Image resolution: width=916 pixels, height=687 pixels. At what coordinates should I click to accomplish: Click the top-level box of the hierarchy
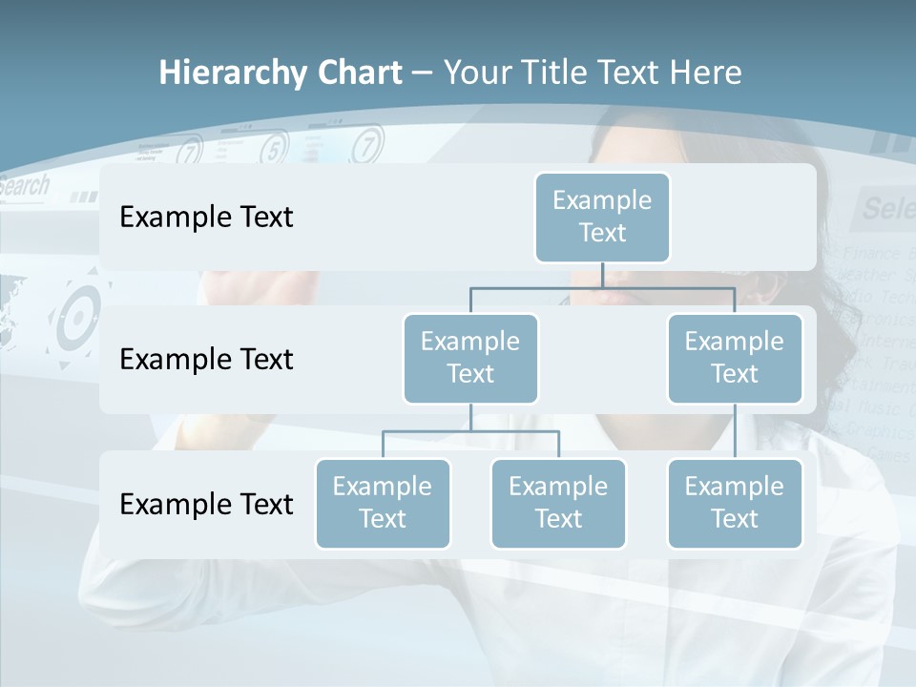(x=602, y=217)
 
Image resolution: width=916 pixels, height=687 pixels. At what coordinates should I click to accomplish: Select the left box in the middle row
(x=470, y=358)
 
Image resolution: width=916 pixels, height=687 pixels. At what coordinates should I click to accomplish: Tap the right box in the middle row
(x=735, y=358)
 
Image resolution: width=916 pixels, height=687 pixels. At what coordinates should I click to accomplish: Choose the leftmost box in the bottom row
(x=383, y=503)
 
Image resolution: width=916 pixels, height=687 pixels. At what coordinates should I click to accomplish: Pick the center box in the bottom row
(x=558, y=503)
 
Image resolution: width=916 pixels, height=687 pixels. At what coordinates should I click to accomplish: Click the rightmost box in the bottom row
(x=735, y=503)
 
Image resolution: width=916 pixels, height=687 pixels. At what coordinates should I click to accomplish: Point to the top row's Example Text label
(x=206, y=218)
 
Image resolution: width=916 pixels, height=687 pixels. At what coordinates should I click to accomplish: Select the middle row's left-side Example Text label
(x=206, y=360)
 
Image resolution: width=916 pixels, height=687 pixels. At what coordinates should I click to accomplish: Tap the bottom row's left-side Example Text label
(x=206, y=504)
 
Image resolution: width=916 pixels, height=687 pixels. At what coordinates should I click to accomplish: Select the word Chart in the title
(x=355, y=73)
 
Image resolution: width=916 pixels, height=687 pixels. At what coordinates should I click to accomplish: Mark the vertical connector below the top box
(x=602, y=276)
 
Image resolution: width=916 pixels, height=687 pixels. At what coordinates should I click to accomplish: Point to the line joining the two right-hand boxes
(x=735, y=431)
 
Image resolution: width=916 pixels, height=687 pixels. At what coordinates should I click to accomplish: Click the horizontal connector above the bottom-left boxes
(x=470, y=431)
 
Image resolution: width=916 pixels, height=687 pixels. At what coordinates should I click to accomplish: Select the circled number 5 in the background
(x=274, y=148)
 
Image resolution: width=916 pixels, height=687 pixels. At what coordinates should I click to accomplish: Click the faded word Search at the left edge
(x=23, y=186)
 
